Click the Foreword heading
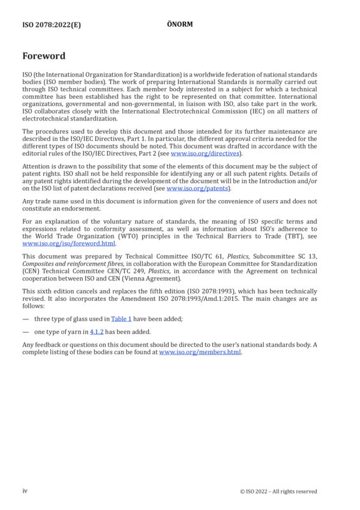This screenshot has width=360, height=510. click(44, 56)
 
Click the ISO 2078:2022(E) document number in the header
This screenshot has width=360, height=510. click(52, 25)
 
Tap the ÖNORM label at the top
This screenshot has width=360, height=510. click(180, 24)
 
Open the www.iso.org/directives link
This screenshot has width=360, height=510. click(205, 154)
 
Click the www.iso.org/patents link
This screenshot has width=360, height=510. click(197, 188)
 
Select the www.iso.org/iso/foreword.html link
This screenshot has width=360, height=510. click(69, 244)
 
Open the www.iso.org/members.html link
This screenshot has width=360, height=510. click(200, 353)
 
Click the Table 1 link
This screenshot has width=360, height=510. click(121, 319)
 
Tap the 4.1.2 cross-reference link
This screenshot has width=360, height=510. click(97, 332)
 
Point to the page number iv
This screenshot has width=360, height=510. click(25, 491)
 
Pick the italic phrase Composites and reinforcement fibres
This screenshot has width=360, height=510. click(73, 264)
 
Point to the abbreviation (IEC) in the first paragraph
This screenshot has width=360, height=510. click(258, 111)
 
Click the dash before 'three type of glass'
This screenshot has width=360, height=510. click(25, 319)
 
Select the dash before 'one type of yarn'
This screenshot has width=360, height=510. click(25, 332)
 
